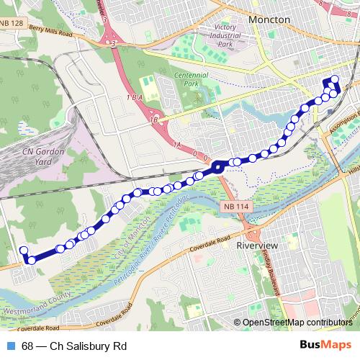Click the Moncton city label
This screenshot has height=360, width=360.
tap(269, 19)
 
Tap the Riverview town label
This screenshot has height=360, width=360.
tap(256, 245)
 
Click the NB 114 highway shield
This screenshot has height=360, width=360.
tap(236, 207)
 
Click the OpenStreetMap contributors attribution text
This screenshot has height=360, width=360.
tap(297, 323)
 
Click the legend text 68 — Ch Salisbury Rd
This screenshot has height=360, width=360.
tap(74, 346)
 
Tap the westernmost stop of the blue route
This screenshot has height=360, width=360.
tap(23, 251)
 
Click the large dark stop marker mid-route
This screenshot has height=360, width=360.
tap(218, 168)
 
